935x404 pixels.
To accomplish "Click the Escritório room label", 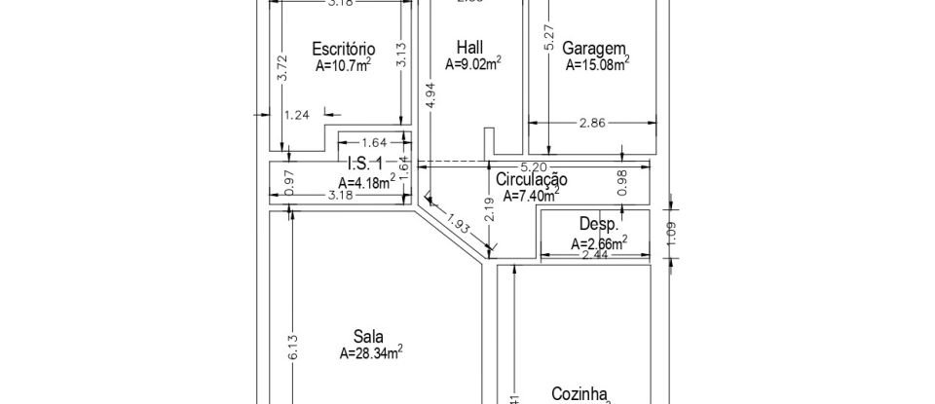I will point(343,48).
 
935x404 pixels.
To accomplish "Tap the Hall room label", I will point(469,48).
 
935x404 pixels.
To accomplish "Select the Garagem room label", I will point(594,48).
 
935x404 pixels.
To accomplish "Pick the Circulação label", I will point(532,179).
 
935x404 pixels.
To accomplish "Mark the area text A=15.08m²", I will point(597,66).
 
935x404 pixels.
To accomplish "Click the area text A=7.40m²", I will point(531,196).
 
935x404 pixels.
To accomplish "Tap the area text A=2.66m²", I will point(599,242).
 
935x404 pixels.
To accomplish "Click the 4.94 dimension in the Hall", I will point(429,98).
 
